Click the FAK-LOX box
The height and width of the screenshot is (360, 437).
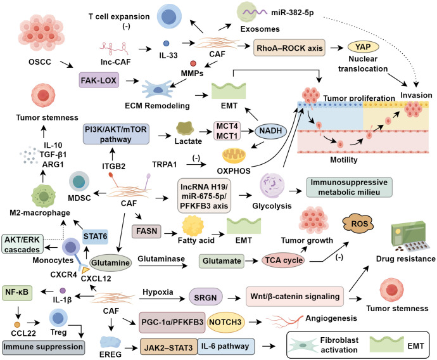[x=99, y=80]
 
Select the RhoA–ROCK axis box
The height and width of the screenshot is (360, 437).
[x=289, y=48]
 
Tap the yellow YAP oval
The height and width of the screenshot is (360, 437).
[x=363, y=47]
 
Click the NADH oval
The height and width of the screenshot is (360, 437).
[x=270, y=131]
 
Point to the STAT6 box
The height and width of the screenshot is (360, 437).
[x=95, y=237]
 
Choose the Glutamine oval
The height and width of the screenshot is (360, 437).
[x=110, y=262]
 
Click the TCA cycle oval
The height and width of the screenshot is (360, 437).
[x=284, y=260]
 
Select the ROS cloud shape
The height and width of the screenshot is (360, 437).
[x=358, y=224]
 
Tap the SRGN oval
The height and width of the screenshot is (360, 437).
[x=205, y=297]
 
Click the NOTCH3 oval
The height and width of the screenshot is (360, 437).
[x=225, y=322]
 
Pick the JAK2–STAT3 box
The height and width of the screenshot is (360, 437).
[x=168, y=347]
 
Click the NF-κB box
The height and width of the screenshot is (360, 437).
[x=17, y=293]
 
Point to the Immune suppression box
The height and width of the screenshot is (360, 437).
[x=43, y=347]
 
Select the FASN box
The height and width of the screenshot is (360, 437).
[x=146, y=231]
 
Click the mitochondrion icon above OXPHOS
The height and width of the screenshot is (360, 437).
[x=234, y=156]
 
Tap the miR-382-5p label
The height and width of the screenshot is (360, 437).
[x=293, y=13]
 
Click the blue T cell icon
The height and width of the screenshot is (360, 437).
[x=169, y=16]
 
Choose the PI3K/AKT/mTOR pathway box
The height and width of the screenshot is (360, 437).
[x=116, y=134]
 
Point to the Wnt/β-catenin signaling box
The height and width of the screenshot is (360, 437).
[x=294, y=297]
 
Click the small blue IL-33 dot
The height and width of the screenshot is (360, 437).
[x=166, y=43]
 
